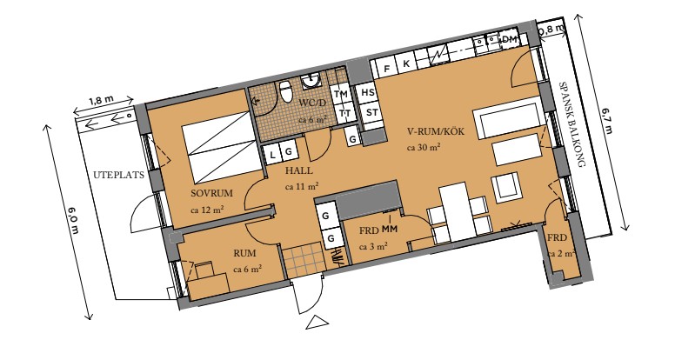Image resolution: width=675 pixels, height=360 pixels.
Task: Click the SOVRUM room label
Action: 211,193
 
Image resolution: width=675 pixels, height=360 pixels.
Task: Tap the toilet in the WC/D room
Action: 286,91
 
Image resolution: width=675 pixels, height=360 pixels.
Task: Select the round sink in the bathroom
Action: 311,81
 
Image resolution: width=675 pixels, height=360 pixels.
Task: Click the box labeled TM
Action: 342,94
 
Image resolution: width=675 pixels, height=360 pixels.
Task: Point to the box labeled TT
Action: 344,113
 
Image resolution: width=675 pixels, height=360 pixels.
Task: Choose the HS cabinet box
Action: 368,92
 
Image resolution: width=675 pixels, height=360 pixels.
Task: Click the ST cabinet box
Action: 371,113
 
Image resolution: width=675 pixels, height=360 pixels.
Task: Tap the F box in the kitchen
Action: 387,68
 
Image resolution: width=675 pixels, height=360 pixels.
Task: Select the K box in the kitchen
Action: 406,64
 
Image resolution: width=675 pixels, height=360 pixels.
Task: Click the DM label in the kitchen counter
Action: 509,40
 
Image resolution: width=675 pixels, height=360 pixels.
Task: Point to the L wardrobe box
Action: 272,154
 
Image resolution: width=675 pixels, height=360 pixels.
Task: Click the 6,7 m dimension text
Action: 606,121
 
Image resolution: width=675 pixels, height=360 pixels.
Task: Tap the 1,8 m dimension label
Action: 102,100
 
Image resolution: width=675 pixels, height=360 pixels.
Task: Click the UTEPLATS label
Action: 118,175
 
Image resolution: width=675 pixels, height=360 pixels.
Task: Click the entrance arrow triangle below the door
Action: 317,322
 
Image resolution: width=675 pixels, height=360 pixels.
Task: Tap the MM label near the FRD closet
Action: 389,230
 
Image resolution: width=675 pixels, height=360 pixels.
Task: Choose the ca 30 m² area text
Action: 423,147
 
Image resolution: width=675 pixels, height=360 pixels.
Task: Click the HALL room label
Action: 298,170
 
